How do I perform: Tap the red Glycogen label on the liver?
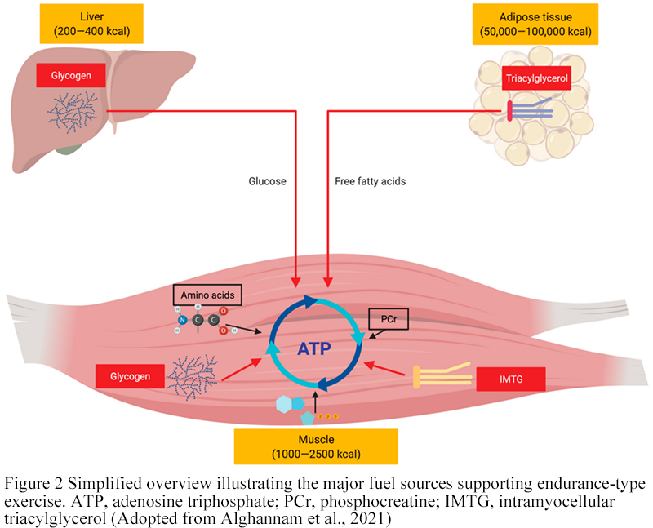point(71,76)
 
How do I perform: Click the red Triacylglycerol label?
point(535,78)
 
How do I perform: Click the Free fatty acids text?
point(370,181)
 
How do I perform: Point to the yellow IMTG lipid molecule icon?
point(441,376)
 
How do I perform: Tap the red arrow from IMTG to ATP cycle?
point(384,368)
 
